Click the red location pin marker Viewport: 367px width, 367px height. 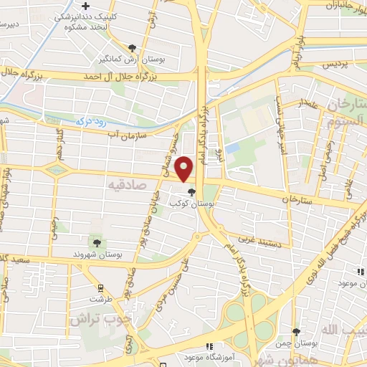pos(186,168)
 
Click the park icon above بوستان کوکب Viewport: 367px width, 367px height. pos(191,191)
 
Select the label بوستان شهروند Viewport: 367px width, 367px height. pos(99,254)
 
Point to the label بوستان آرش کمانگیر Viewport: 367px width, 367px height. pos(144,59)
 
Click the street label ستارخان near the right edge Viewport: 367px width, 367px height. pos(297,199)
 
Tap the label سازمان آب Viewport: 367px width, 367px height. pos(127,133)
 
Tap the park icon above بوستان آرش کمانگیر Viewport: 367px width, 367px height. pos(133,48)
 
